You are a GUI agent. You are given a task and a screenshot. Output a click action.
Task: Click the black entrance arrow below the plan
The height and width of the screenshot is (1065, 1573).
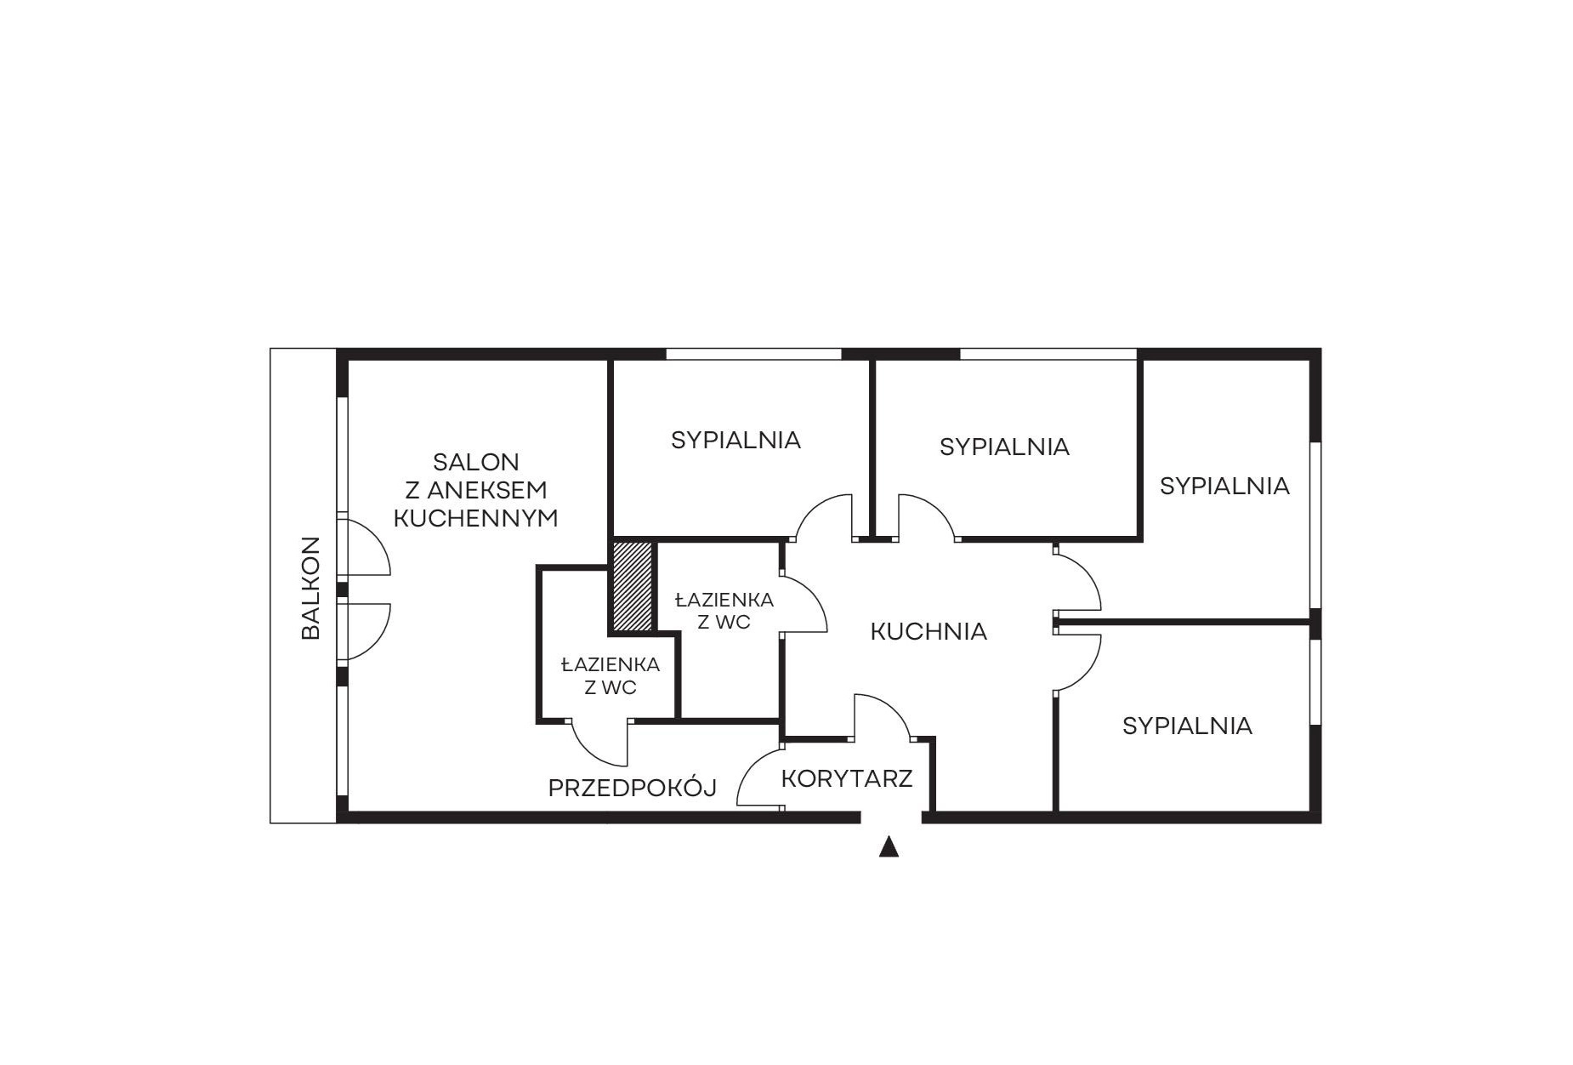[889, 846]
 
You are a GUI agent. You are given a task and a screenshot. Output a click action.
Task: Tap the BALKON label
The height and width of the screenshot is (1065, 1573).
[311, 587]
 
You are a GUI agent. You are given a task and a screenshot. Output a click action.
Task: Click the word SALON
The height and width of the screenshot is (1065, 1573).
[476, 462]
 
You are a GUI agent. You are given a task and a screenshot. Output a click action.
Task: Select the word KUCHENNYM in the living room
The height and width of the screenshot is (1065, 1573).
[476, 518]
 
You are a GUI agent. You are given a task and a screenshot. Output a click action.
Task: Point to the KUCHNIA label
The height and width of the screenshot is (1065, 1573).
[928, 631]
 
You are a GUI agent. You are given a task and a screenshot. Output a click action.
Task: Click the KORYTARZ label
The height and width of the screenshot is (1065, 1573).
[847, 778]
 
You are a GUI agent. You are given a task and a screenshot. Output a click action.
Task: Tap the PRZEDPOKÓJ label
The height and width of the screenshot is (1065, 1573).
[633, 789]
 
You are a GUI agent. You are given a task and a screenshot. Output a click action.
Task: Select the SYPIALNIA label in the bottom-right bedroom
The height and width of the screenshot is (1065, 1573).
[1187, 726]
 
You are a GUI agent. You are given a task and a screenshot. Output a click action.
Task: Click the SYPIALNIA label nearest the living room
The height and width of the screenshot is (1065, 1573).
[735, 440]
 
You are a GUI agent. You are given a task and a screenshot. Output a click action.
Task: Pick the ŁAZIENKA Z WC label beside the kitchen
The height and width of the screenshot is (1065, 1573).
[724, 611]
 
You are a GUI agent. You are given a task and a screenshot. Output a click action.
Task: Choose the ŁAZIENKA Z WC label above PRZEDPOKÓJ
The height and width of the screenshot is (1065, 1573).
[610, 675]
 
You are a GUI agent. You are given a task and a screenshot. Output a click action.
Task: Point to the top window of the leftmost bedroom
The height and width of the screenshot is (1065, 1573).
[753, 354]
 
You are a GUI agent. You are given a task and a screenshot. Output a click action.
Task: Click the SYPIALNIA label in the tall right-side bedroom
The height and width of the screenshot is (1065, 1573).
[1224, 486]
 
